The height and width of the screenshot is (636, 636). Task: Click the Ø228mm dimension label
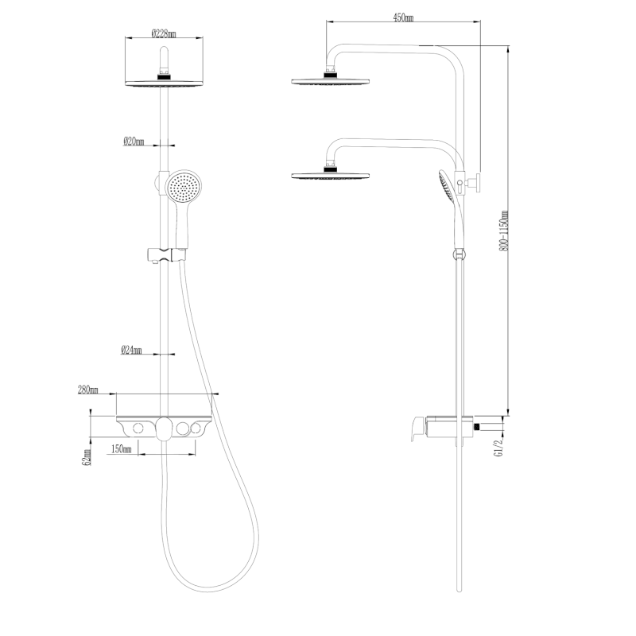pyautogui.click(x=164, y=33)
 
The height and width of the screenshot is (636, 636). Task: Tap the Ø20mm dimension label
pyautogui.click(x=134, y=142)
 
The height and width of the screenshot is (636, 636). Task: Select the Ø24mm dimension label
pyautogui.click(x=131, y=350)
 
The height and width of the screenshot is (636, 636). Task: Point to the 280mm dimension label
pyautogui.click(x=88, y=390)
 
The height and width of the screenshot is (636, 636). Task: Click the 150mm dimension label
pyautogui.click(x=122, y=449)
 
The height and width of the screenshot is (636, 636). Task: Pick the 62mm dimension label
pyautogui.click(x=86, y=457)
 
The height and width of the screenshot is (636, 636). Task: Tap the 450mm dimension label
pyautogui.click(x=403, y=17)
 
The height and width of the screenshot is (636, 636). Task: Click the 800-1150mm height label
pyautogui.click(x=503, y=231)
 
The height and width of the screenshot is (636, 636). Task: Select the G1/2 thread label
pyautogui.click(x=498, y=447)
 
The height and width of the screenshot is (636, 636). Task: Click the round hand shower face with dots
pyautogui.click(x=184, y=186)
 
